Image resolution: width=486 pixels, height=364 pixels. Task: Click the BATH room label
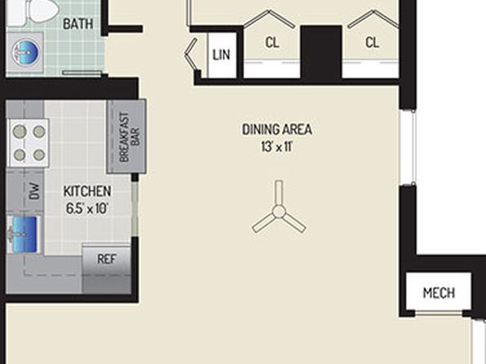(x=77, y=24)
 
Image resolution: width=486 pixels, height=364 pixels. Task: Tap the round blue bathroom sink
(x=26, y=52)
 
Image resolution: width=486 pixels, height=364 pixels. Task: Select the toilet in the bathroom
(x=33, y=11)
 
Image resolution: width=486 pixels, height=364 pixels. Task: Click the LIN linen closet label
(x=221, y=55)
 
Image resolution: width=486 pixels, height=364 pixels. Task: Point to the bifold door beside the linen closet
(x=192, y=55)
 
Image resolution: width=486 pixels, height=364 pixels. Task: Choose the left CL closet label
(x=272, y=42)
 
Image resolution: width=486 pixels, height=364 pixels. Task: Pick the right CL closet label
(x=372, y=42)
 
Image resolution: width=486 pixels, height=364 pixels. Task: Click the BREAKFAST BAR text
(x=130, y=137)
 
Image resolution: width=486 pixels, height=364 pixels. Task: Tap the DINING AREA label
(x=276, y=130)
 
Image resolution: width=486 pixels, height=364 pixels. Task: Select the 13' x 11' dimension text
(x=276, y=147)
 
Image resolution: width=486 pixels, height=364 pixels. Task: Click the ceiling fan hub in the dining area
(x=279, y=211)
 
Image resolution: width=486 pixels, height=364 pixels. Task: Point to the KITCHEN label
(x=87, y=191)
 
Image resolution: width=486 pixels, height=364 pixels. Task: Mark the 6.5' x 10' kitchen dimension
(x=86, y=208)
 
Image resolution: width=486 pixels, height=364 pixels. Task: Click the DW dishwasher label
(x=34, y=191)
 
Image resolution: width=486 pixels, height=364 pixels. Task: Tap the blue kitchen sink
(x=24, y=234)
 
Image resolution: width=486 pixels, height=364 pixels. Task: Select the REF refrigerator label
(x=107, y=259)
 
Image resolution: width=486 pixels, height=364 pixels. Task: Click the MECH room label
(x=439, y=293)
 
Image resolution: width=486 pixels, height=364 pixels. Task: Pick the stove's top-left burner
(x=20, y=131)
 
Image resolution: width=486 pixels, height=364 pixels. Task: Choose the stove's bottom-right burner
(x=39, y=154)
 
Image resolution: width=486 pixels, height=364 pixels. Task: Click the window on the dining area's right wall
(x=408, y=148)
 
